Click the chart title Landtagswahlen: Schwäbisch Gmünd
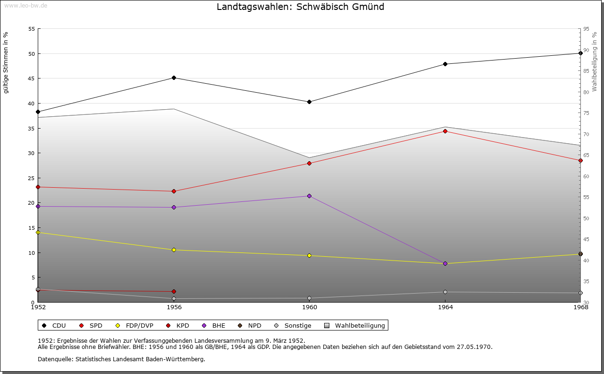[300, 7]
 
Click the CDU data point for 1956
[174, 78]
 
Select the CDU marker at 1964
[445, 64]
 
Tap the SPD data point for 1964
[445, 131]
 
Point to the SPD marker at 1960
[309, 163]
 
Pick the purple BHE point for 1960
[309, 196]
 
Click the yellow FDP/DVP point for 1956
[174, 250]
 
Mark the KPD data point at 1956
[174, 291]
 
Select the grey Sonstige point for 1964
[445, 292]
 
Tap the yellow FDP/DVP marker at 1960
[309, 255]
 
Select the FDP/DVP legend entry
[138, 325]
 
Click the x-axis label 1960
[310, 307]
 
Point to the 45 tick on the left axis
[31, 78]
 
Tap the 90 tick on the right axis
[586, 50]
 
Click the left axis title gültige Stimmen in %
[6, 62]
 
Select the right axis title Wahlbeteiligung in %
[595, 61]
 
